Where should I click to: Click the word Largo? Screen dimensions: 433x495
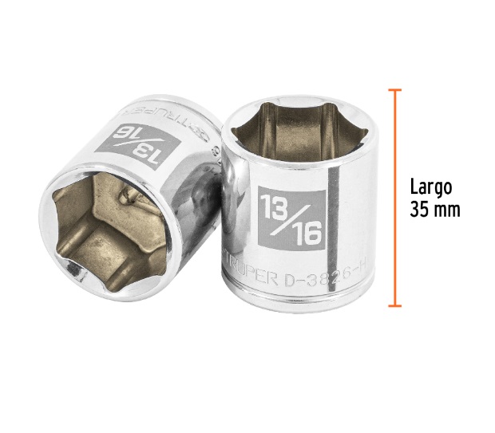click(x=432, y=187)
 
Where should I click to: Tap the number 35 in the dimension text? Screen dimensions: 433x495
click(x=422, y=210)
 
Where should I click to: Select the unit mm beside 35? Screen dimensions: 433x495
click(x=449, y=211)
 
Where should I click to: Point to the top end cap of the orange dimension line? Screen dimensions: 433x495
click(x=394, y=90)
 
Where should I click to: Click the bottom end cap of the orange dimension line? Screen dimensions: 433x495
click(x=394, y=305)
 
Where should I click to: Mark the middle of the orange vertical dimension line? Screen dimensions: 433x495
click(x=394, y=198)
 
